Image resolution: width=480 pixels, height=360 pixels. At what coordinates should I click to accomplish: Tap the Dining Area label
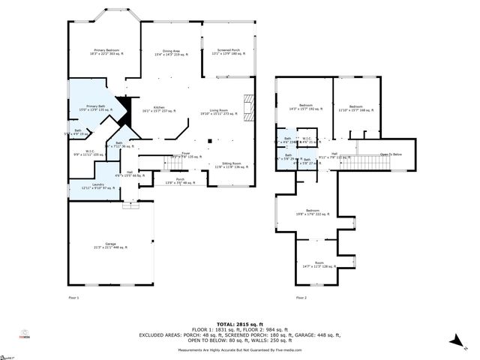coord(171,52)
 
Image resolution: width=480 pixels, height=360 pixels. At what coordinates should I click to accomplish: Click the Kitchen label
coord(158,109)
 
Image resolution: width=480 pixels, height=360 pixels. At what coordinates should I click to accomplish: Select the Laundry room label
coord(98,186)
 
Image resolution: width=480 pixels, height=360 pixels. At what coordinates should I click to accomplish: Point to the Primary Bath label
coord(95,108)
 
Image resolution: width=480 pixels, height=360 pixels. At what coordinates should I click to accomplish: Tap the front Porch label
coord(180,181)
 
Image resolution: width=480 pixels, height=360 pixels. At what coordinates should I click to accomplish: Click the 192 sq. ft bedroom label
coord(306,107)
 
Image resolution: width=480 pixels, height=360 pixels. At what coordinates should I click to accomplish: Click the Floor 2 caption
coord(301,298)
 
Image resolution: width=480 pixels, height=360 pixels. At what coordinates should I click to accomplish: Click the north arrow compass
coord(455,341)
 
